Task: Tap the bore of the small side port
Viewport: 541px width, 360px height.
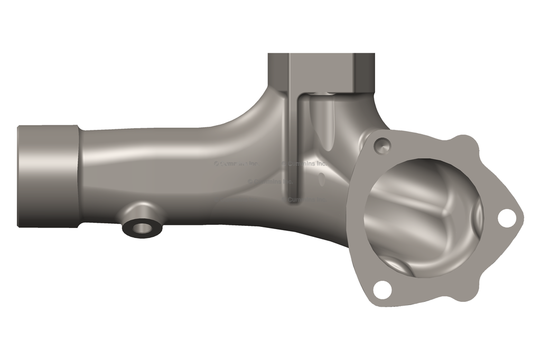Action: tap(141, 228)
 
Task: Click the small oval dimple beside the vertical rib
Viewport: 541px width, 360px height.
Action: tap(321, 179)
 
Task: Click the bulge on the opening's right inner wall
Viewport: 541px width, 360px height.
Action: tap(475, 216)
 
